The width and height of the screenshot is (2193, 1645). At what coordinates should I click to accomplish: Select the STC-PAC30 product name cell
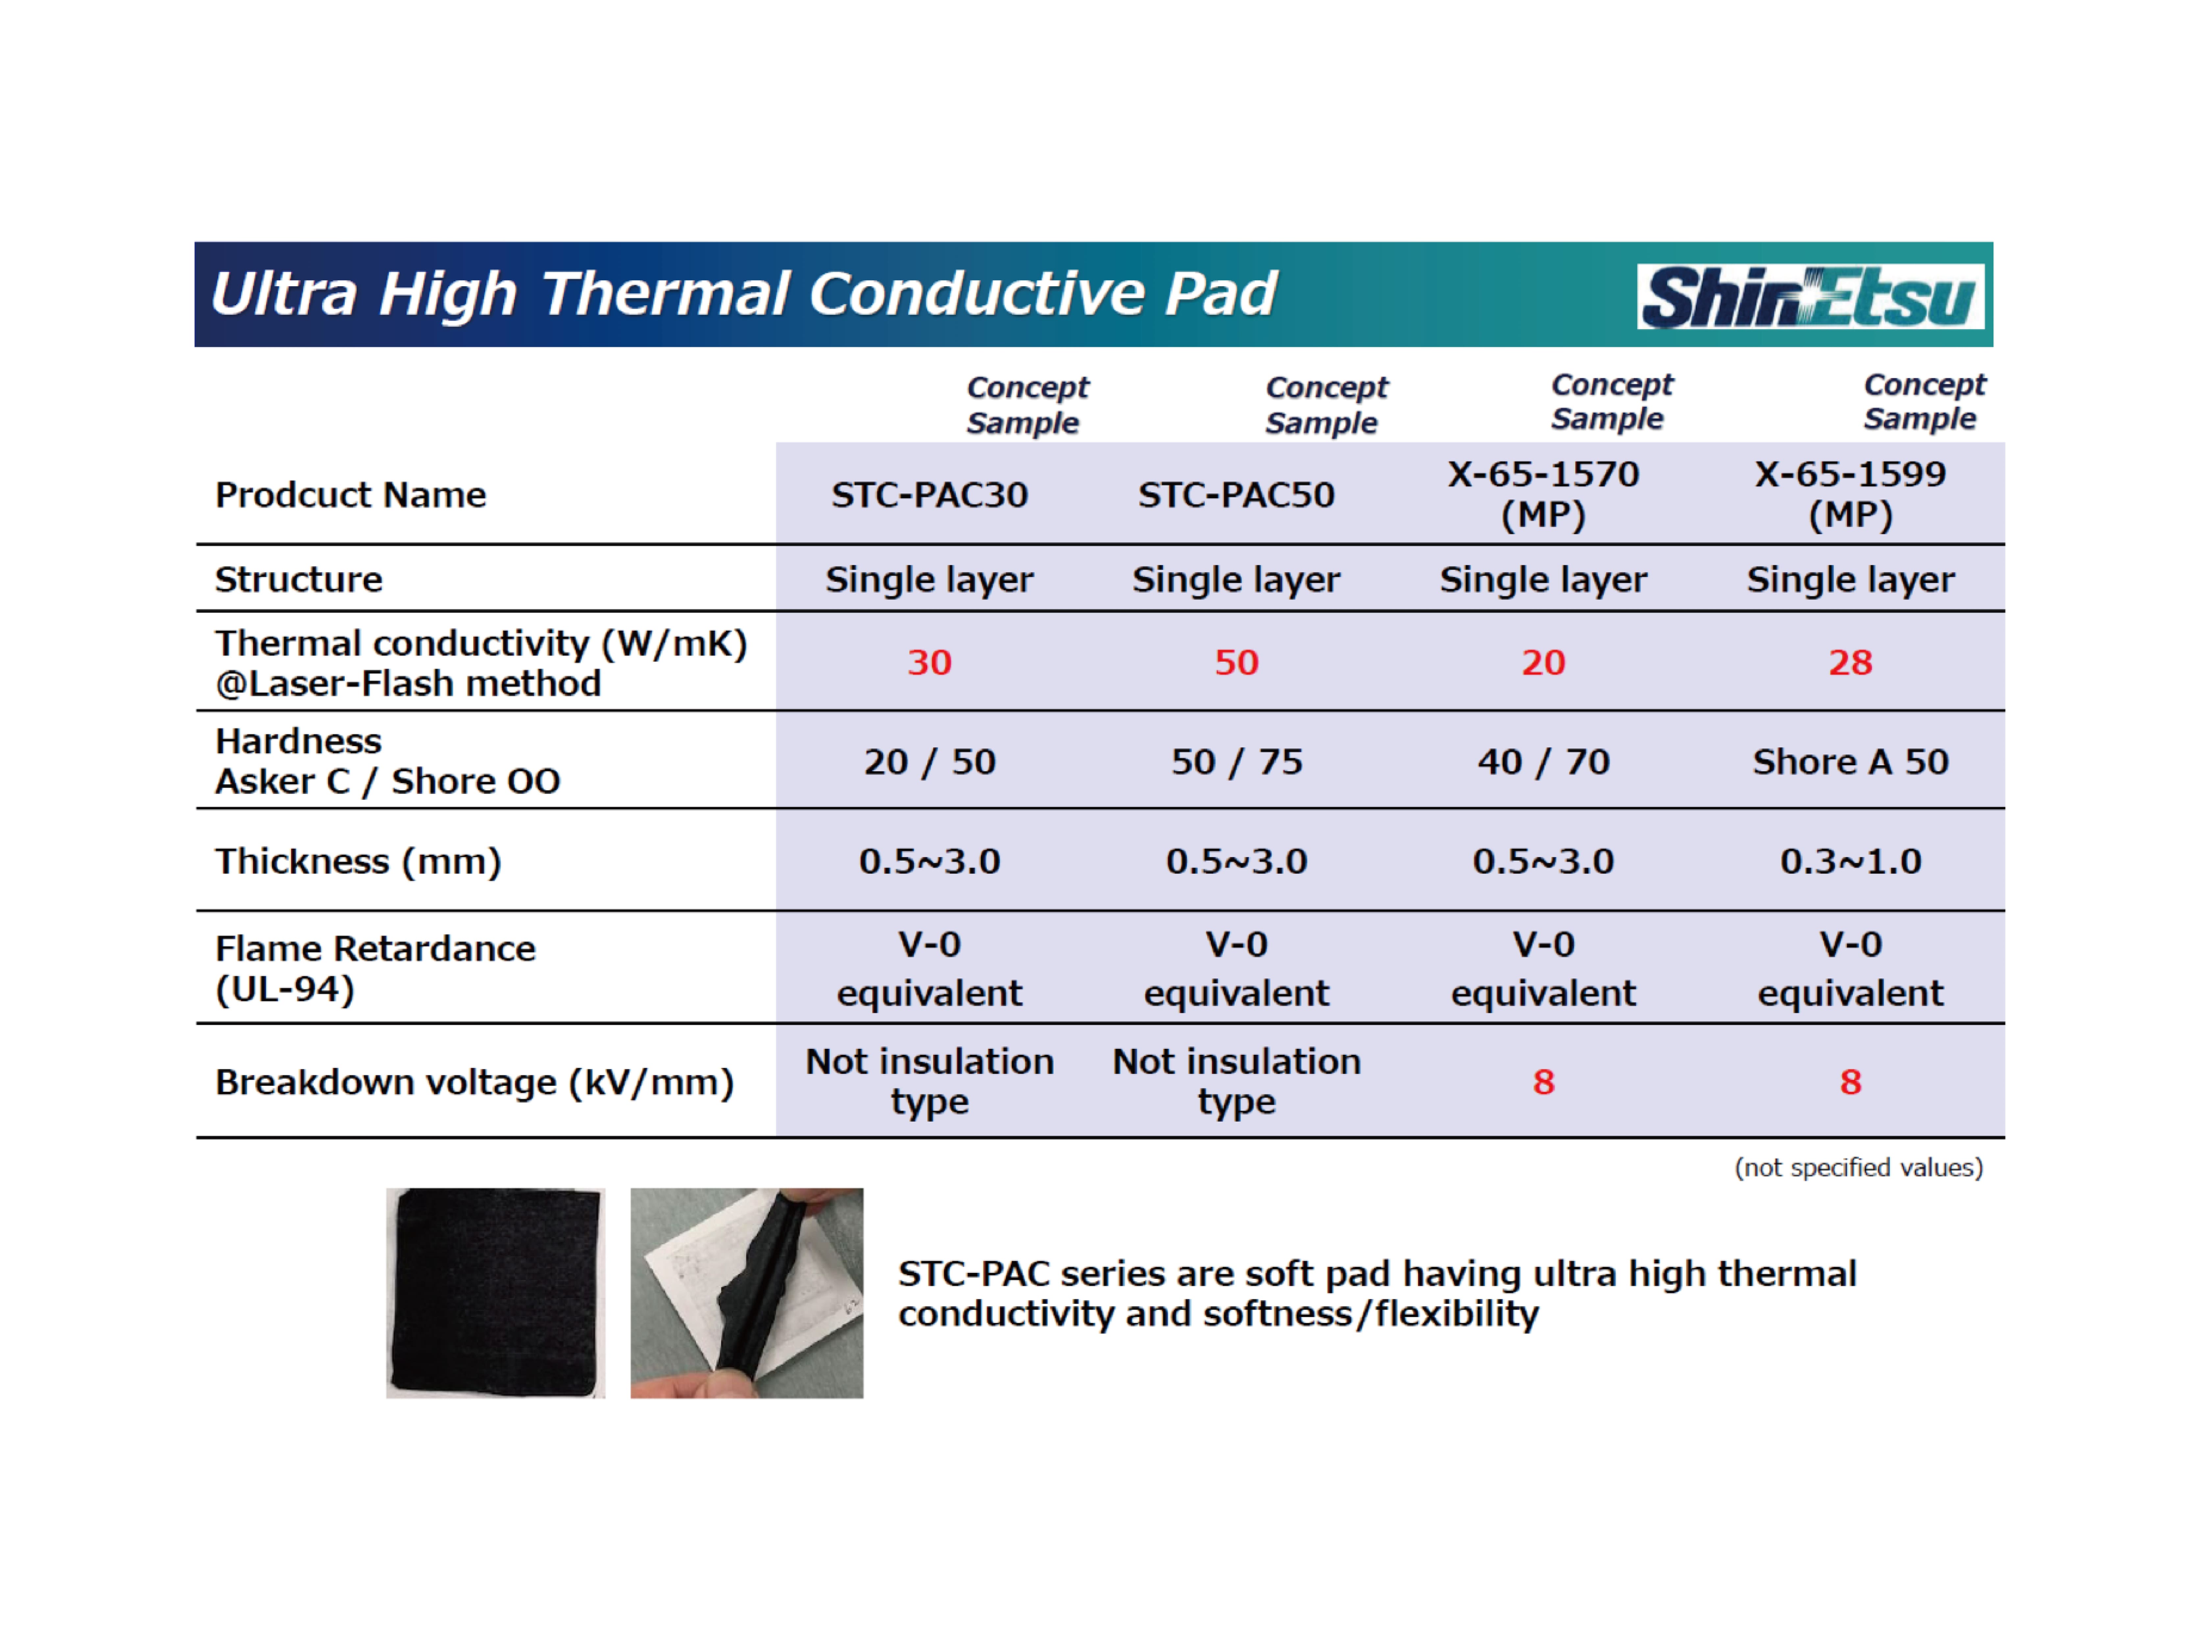click(x=929, y=494)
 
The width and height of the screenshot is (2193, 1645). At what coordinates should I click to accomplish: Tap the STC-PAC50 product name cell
click(x=1236, y=494)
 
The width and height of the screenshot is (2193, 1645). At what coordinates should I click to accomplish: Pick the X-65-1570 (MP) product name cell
click(x=1544, y=494)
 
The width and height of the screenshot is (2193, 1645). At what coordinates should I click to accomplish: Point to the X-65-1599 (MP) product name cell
click(x=1851, y=494)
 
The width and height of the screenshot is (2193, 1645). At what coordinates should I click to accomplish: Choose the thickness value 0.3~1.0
click(x=1851, y=861)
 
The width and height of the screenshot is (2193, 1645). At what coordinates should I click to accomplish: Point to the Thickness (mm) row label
click(x=358, y=861)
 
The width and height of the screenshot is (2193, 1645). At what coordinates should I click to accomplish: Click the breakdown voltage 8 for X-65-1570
click(x=1544, y=1082)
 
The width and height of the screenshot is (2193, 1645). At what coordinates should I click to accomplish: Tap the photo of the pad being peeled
click(x=747, y=1293)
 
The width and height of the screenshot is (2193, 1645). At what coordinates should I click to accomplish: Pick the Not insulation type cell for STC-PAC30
click(x=929, y=1081)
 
